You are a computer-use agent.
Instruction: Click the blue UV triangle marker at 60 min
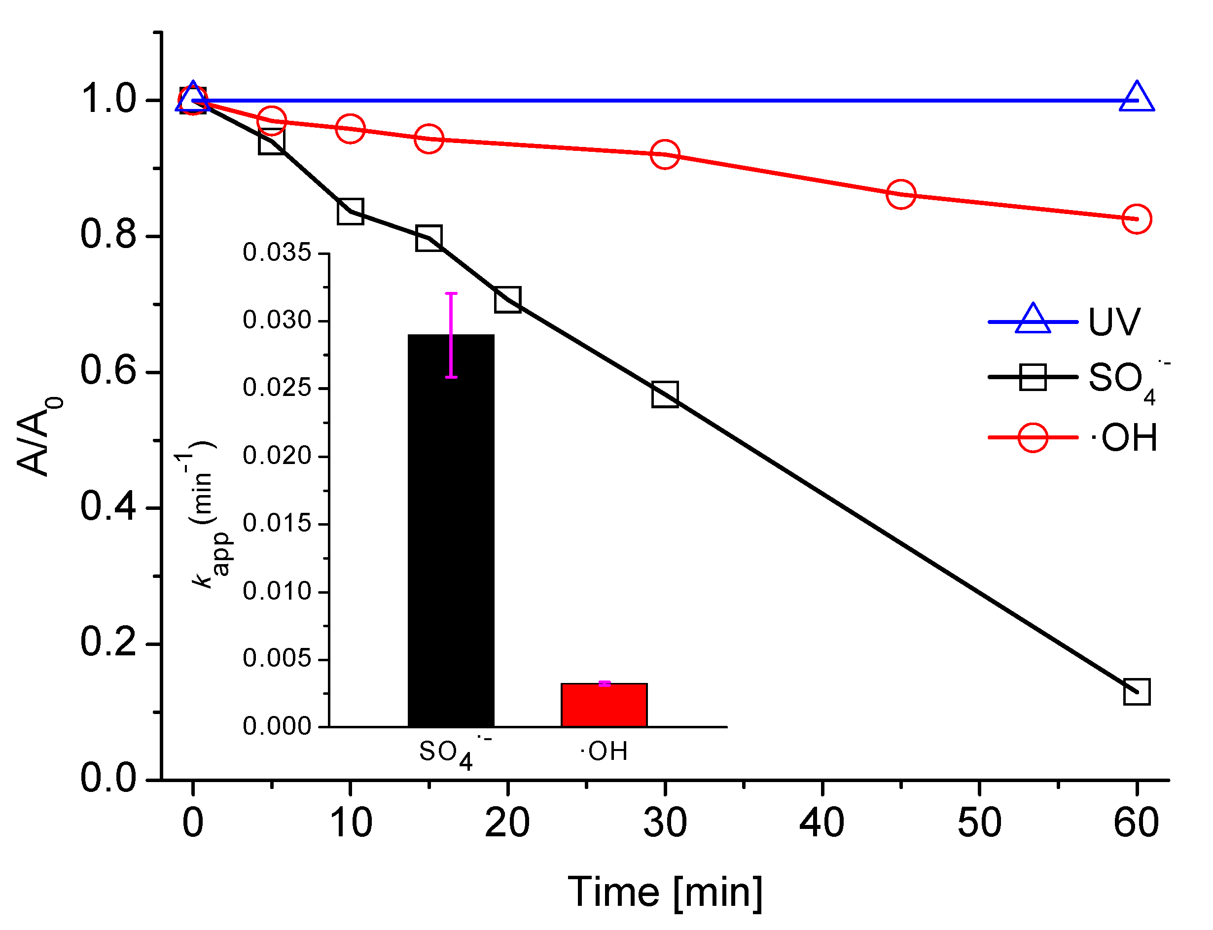1136,98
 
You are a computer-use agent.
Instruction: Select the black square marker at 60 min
1136,692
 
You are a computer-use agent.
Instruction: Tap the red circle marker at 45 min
900,194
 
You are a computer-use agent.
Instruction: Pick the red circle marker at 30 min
664,154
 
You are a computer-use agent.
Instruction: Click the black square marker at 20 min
507,299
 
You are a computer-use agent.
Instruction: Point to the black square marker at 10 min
350,211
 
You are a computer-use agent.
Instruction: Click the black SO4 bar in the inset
451,532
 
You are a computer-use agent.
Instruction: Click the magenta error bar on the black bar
451,334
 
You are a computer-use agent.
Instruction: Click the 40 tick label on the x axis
821,823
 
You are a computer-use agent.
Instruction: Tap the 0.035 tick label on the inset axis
277,252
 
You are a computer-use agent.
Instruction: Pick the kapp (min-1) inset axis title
202,515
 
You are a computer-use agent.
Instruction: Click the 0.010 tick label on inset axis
277,591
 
